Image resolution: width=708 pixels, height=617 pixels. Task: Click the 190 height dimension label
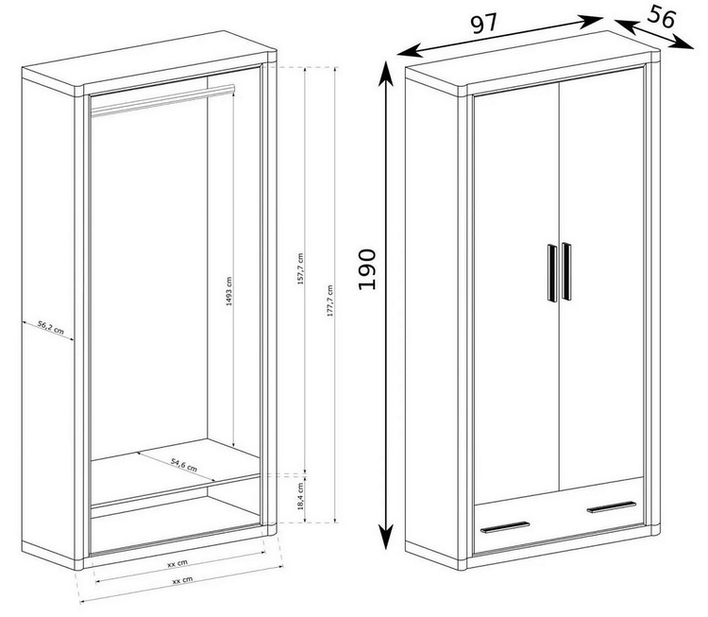(366, 269)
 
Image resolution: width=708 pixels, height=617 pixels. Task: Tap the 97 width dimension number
(484, 24)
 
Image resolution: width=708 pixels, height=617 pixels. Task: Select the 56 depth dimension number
(662, 17)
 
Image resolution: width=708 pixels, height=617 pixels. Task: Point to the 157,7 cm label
(300, 268)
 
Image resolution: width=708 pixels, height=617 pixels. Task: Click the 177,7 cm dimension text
(330, 300)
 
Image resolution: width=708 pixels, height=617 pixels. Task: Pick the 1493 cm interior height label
(229, 292)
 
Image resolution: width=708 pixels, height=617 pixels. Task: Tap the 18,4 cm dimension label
(301, 496)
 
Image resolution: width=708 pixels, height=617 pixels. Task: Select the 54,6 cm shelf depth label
(184, 464)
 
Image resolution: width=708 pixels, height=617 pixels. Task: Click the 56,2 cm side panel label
(51, 327)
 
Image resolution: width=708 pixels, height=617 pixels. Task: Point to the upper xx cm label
(177, 563)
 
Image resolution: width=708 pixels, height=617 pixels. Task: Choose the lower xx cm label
(182, 580)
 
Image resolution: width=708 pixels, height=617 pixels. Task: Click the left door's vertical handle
(552, 273)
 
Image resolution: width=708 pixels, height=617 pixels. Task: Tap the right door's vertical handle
(566, 271)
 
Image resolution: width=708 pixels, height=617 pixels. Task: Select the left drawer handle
(505, 527)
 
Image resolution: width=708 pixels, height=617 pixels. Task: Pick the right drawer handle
(612, 507)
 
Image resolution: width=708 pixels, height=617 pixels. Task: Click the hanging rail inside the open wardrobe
(162, 100)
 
